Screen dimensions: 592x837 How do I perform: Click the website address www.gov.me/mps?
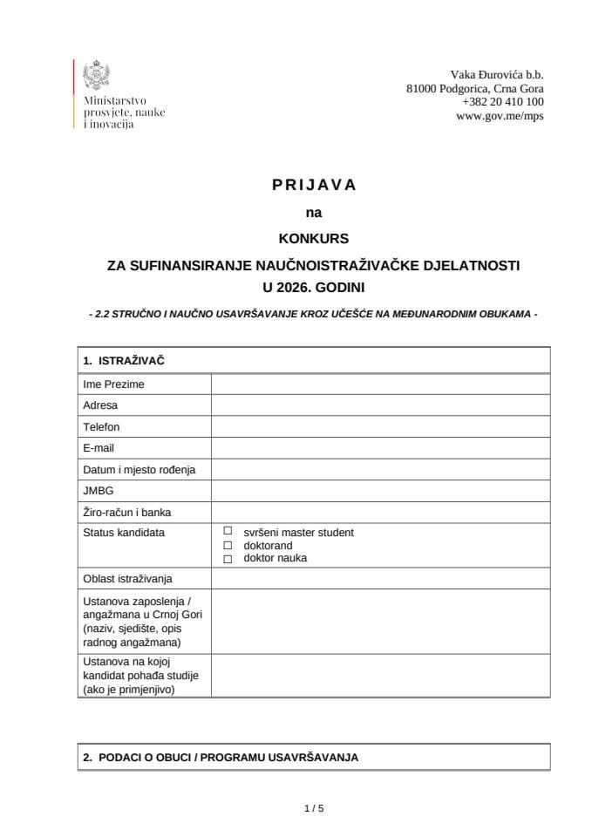500,115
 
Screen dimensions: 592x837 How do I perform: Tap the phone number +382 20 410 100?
503,102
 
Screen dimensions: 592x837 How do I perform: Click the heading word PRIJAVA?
314,185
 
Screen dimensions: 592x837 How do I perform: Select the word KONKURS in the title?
313,237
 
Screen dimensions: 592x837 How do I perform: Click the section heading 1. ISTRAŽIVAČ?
124,360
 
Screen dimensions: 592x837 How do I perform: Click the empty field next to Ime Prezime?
380,384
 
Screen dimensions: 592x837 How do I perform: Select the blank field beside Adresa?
380,405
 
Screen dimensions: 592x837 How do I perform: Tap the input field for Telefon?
380,427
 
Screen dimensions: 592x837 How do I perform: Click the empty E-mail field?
380,448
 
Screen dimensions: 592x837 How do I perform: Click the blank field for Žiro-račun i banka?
380,513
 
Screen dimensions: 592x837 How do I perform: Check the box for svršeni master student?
228,531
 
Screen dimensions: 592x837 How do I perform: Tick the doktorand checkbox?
228,545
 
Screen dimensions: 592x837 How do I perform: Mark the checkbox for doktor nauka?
228,558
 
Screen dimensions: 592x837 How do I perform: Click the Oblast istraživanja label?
127,579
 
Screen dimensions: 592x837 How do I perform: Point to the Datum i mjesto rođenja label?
139,470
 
